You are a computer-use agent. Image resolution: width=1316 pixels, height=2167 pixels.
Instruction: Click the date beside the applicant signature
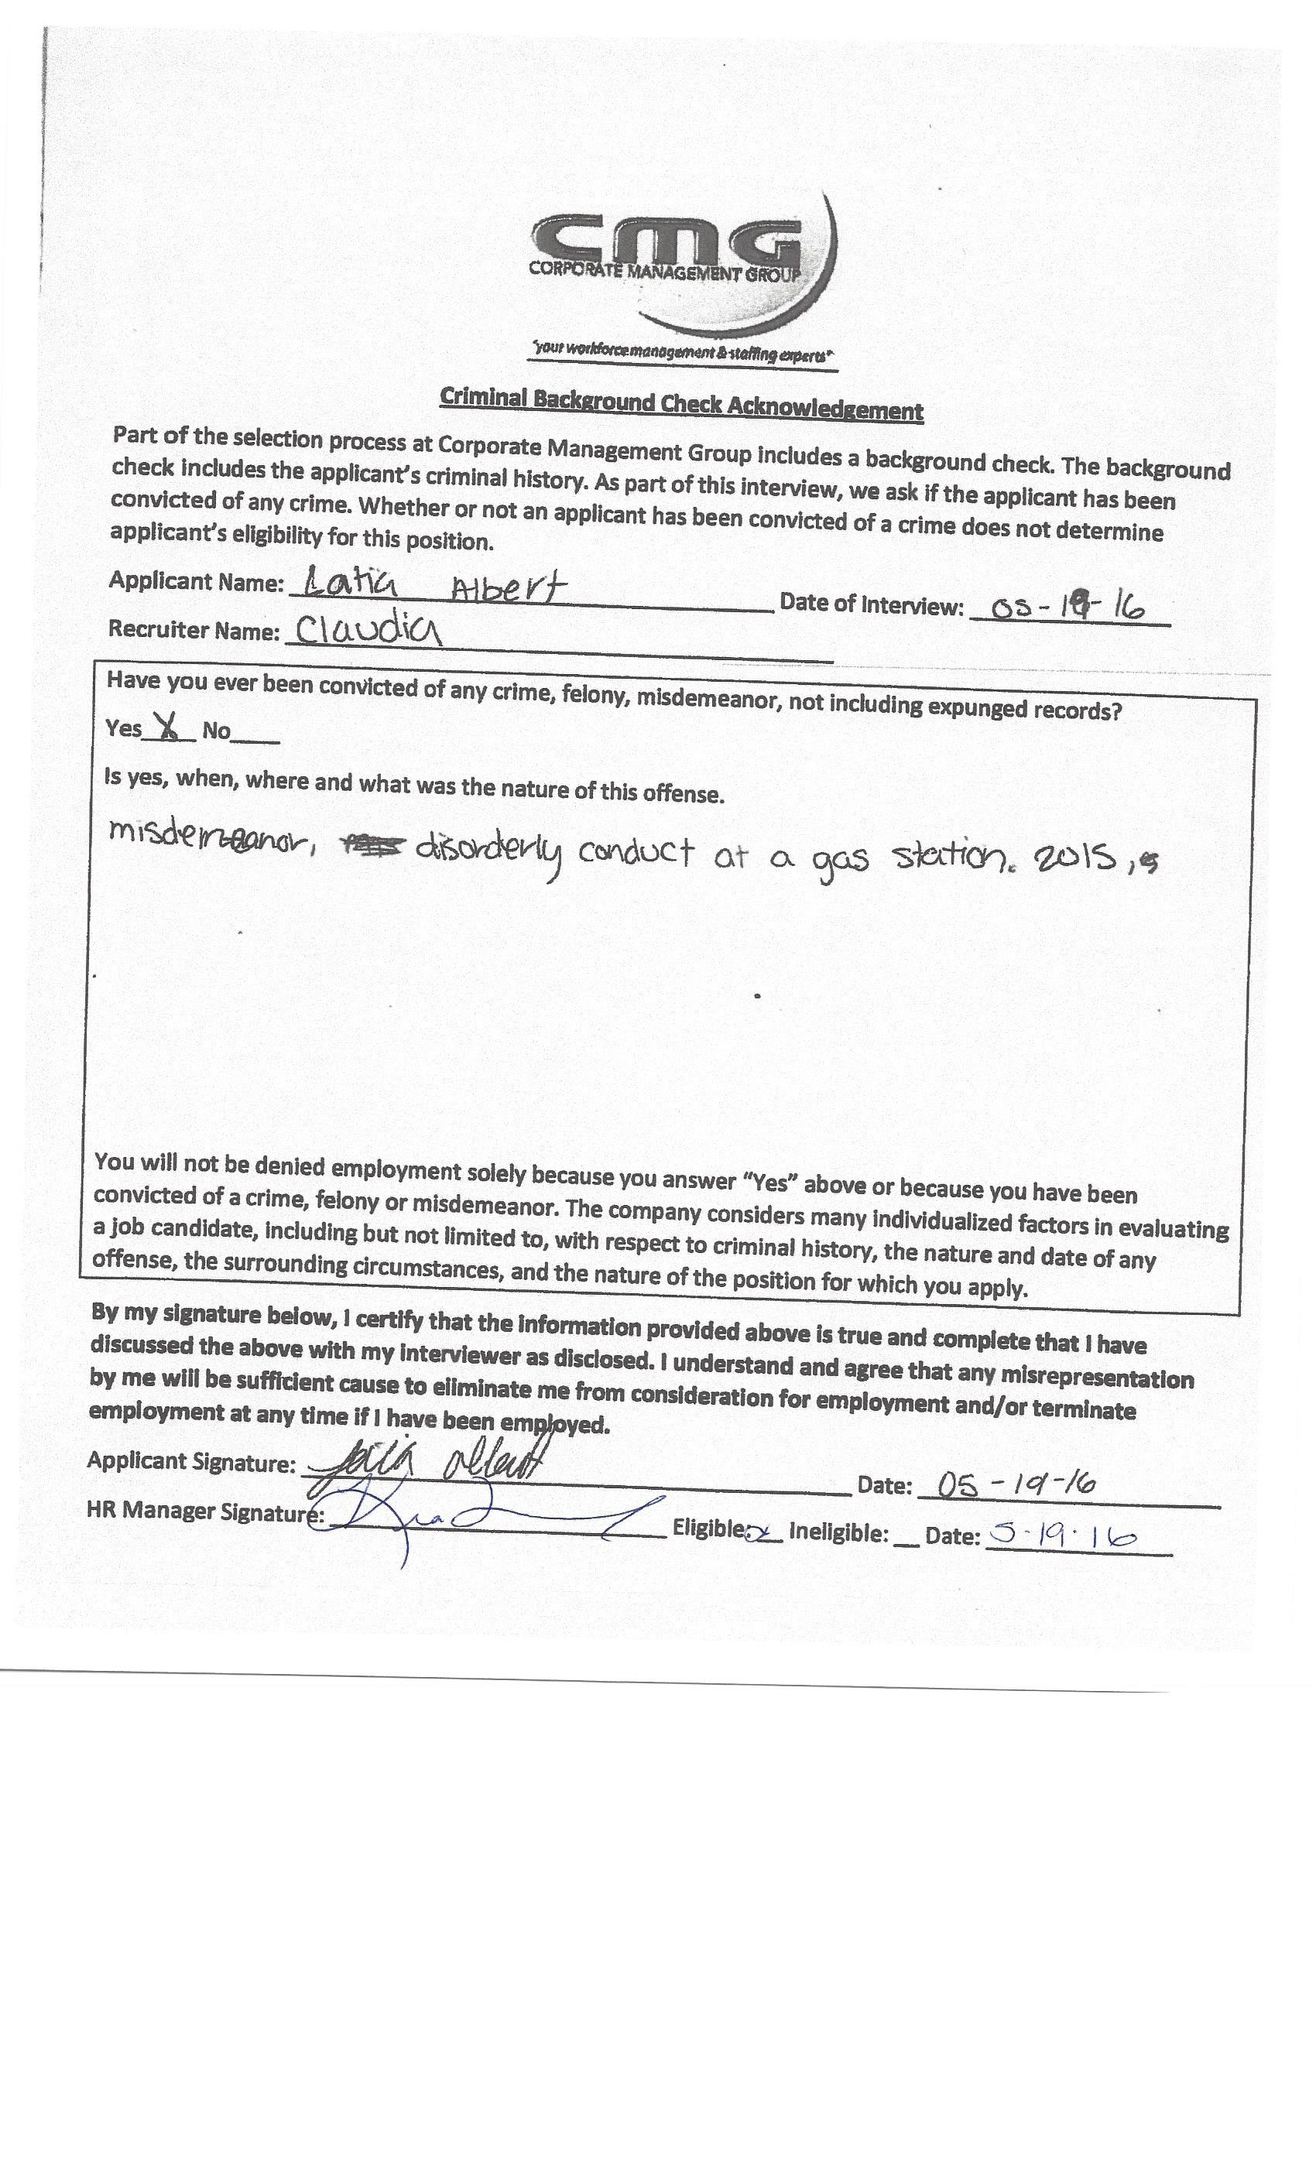1016,1485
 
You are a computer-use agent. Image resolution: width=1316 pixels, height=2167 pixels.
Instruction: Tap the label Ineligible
838,1532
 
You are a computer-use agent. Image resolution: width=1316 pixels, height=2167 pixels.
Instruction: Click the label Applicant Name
196,581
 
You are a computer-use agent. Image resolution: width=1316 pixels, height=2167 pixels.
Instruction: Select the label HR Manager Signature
205,1511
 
